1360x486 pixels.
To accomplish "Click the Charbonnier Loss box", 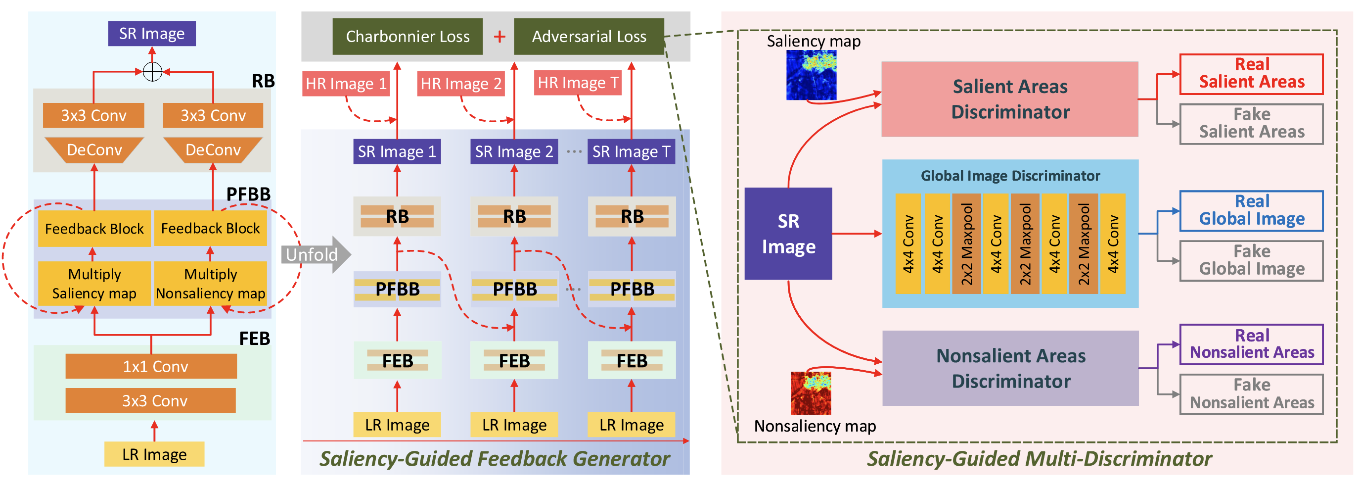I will tap(407, 37).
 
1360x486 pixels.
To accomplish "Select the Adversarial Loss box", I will tap(589, 37).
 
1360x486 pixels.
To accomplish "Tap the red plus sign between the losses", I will tap(499, 37).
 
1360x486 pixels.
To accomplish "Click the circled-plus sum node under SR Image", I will tap(153, 71).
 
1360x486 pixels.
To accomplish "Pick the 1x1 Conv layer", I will tap(151, 366).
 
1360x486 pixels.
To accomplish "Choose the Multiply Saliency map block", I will tap(94, 284).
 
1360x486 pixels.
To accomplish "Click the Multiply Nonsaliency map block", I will tap(210, 284).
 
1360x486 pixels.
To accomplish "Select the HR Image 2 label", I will tap(460, 84).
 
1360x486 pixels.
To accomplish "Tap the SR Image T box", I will tap(631, 151).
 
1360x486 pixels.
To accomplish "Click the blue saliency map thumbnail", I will tap(811, 75).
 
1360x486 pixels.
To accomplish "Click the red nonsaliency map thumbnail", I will tap(811, 393).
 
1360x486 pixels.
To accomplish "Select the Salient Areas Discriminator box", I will tap(1009, 99).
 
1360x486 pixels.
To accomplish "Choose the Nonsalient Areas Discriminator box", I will tap(1010, 368).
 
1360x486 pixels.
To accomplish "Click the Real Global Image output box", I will tap(1251, 210).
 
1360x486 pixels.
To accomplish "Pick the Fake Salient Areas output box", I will tap(1251, 124).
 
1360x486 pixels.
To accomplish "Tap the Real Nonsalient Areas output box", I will tap(1251, 344).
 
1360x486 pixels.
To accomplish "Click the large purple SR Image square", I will tap(788, 234).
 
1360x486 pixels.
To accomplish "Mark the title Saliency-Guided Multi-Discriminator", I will tap(1039, 458).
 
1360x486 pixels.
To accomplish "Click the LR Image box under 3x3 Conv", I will tap(154, 454).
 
